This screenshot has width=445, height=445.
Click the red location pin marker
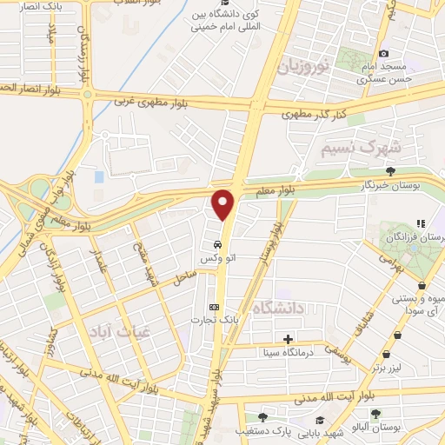(224, 203)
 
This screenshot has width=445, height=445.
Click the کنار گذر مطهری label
(315, 113)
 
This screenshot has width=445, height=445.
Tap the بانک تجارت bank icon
(215, 307)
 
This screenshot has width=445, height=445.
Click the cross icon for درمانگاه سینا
(288, 339)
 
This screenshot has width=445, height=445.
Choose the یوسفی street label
(336, 350)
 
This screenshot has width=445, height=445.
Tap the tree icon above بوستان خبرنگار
(390, 171)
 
